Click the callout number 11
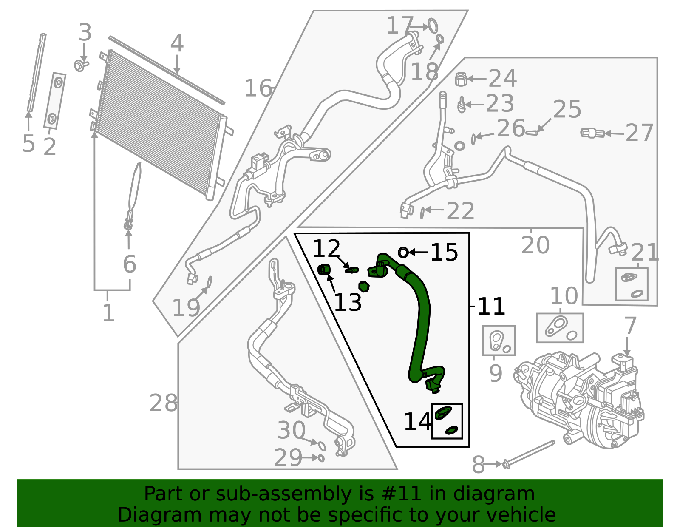tap(491, 306)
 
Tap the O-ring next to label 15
tap(403, 253)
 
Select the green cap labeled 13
tap(324, 270)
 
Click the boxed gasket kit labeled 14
tap(447, 421)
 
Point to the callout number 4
tap(177, 44)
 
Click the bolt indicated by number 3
tap(81, 65)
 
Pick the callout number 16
tap(258, 88)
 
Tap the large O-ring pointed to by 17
tap(433, 26)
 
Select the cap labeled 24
tap(461, 79)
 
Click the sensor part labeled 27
tap(592, 133)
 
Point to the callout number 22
tap(460, 211)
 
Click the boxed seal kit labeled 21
tap(632, 284)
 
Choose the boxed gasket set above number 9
tap(499, 341)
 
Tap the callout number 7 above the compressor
tap(630, 326)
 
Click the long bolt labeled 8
tap(529, 453)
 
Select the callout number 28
tap(164, 403)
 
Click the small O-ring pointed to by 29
tap(321, 458)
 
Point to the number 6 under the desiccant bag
tap(130, 264)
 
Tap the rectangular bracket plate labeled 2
tap(54, 101)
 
